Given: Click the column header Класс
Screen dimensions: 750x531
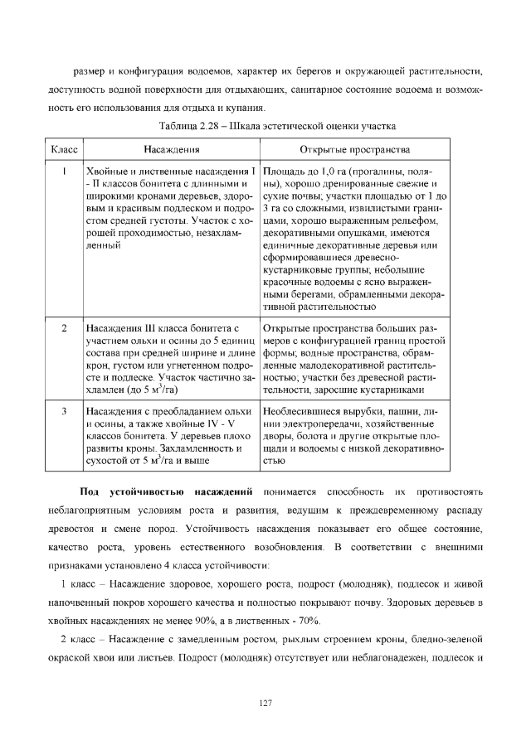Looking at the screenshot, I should click(x=64, y=150).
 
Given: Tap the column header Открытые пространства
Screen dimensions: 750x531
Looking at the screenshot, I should click(x=355, y=150).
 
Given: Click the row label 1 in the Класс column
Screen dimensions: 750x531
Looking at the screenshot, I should click(x=64, y=170).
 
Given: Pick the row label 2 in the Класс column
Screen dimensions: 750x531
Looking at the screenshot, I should click(x=64, y=329).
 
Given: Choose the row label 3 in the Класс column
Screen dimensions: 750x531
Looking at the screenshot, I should click(x=64, y=409).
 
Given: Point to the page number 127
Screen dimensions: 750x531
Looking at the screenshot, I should click(x=265, y=703).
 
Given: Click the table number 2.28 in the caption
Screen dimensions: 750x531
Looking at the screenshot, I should click(x=207, y=126).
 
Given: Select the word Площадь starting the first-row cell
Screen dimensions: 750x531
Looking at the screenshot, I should click(x=284, y=170).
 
